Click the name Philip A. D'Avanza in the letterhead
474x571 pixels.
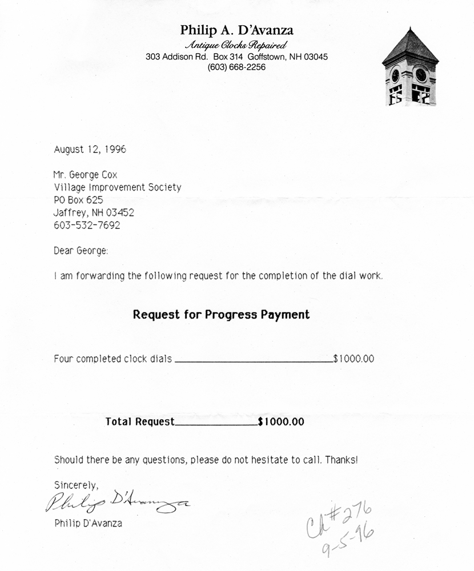(x=236, y=30)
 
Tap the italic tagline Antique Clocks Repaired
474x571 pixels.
(x=236, y=45)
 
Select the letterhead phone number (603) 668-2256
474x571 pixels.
(x=236, y=67)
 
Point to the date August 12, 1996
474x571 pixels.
(x=90, y=150)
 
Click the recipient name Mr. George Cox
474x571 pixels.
(x=85, y=175)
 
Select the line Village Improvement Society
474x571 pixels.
(x=117, y=187)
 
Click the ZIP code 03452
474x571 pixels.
(x=120, y=212)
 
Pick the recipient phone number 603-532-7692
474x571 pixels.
(x=87, y=225)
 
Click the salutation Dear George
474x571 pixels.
(x=81, y=250)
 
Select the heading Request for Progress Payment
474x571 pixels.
(x=222, y=315)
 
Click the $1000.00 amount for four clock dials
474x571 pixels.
(x=354, y=359)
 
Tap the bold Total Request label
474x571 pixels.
(x=140, y=423)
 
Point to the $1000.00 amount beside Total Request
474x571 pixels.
(x=281, y=423)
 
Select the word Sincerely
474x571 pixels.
(x=76, y=485)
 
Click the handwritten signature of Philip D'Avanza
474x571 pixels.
(x=117, y=502)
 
